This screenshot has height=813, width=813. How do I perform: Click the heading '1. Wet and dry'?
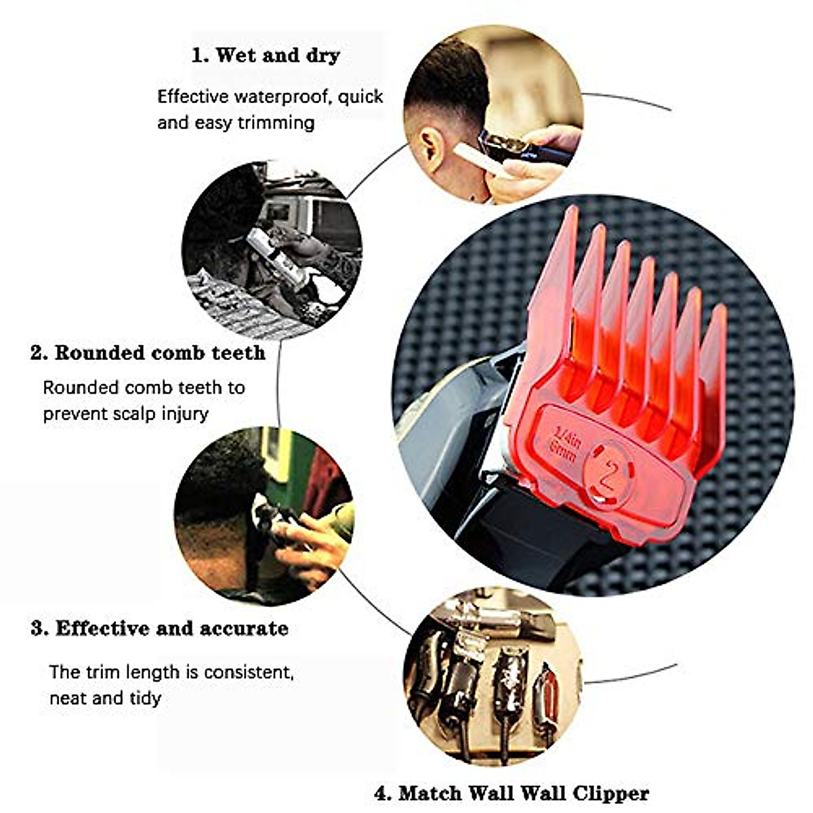pos(266,56)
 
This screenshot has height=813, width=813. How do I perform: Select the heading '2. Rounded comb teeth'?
pos(148,353)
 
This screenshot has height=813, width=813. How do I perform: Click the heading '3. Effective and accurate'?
pos(159,629)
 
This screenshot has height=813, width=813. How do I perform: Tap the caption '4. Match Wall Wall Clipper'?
pos(512,793)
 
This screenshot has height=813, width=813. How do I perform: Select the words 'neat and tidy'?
pos(105,698)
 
